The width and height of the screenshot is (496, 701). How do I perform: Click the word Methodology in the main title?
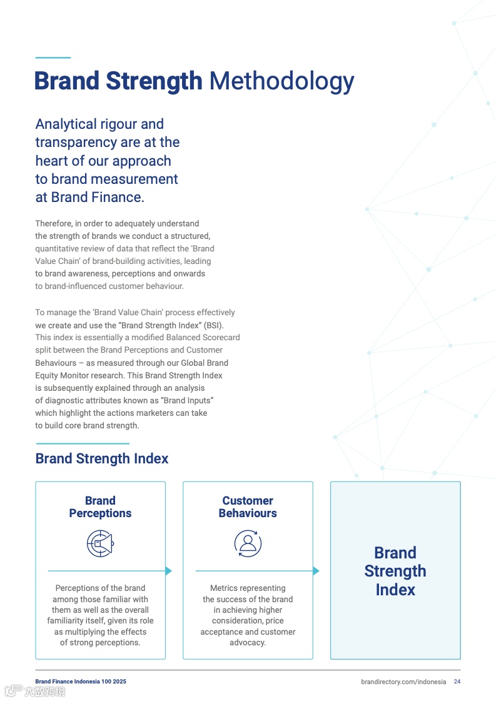click(281, 81)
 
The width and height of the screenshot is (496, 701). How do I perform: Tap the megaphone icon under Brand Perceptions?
click(100, 543)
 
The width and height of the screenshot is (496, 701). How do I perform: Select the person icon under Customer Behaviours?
click(248, 543)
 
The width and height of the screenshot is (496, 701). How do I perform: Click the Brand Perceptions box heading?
click(100, 507)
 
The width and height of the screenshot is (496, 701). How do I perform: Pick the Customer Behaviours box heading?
click(248, 507)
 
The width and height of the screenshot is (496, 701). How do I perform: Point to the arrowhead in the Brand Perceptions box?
click(168, 571)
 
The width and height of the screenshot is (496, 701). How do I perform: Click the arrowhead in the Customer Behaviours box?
click(316, 571)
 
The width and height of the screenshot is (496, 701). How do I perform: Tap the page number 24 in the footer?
click(457, 682)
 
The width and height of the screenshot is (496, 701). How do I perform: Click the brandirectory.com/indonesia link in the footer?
click(403, 682)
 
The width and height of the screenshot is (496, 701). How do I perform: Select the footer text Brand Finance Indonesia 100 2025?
click(81, 682)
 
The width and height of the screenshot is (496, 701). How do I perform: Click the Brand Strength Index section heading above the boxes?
click(102, 459)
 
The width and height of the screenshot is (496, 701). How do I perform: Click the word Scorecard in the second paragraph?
click(218, 338)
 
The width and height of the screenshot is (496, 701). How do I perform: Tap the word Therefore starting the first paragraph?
click(53, 223)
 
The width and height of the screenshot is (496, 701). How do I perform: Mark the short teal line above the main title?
click(53, 58)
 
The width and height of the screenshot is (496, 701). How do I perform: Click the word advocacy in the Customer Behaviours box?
click(247, 643)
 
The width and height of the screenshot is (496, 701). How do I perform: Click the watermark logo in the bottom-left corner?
click(35, 691)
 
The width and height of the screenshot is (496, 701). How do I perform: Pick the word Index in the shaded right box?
click(395, 590)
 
